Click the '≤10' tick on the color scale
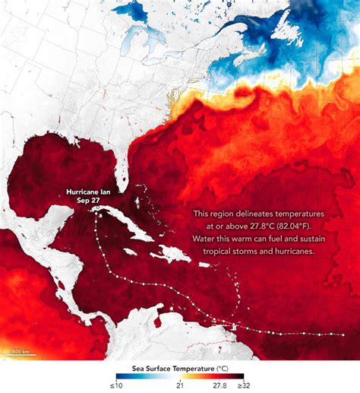click(x=119, y=385)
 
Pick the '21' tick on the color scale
click(x=180, y=385)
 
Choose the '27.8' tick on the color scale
click(x=219, y=385)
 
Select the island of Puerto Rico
click(x=206, y=265)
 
